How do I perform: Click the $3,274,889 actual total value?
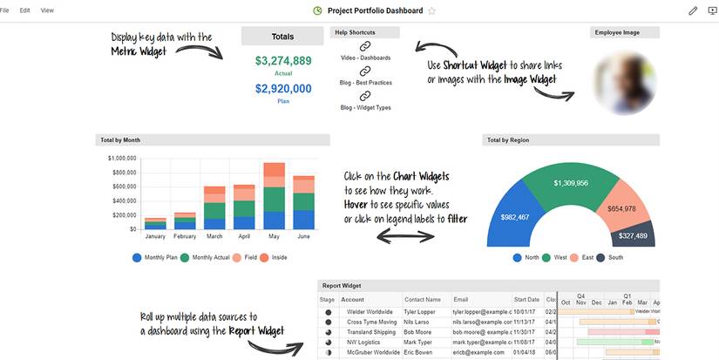[x=283, y=61]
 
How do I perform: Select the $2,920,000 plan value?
[x=283, y=88]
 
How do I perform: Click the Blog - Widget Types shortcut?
[x=365, y=107]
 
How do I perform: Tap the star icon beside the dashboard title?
[x=431, y=10]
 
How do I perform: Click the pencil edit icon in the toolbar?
[x=693, y=10]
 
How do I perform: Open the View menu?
[x=47, y=10]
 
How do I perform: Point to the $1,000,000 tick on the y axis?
[x=122, y=159]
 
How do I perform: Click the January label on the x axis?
[x=154, y=236]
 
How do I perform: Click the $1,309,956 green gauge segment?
[x=571, y=183]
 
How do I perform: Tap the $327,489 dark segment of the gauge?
[x=633, y=235]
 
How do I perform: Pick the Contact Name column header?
[x=423, y=299]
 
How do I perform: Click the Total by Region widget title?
[x=508, y=139]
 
